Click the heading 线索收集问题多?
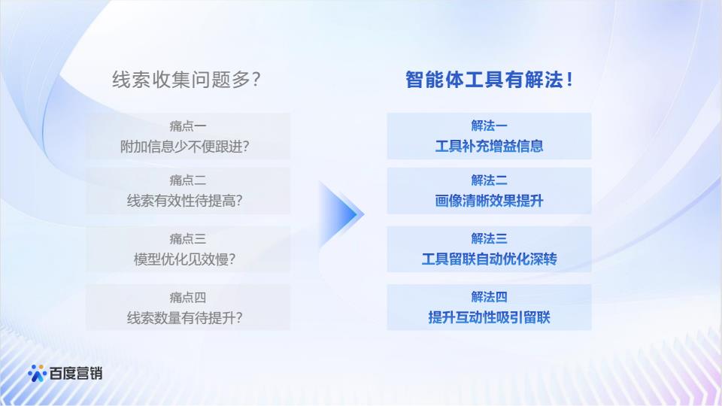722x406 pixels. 187,80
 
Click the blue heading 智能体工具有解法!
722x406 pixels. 489,80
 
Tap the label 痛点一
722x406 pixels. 188,126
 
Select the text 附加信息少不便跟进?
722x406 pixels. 185,147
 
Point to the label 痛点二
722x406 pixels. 188,180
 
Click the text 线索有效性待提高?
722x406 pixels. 185,201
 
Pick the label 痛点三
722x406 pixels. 188,238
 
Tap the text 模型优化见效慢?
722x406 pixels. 185,259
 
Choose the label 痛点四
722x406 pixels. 188,297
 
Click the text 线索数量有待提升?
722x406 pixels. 185,317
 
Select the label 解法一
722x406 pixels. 489,126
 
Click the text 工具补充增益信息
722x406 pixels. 489,147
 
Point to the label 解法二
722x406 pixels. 489,180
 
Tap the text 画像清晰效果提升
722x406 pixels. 489,201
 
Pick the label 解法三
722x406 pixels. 489,238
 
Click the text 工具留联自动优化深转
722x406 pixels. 489,259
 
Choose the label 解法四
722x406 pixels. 489,297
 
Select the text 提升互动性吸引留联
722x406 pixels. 489,317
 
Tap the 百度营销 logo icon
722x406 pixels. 37,374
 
